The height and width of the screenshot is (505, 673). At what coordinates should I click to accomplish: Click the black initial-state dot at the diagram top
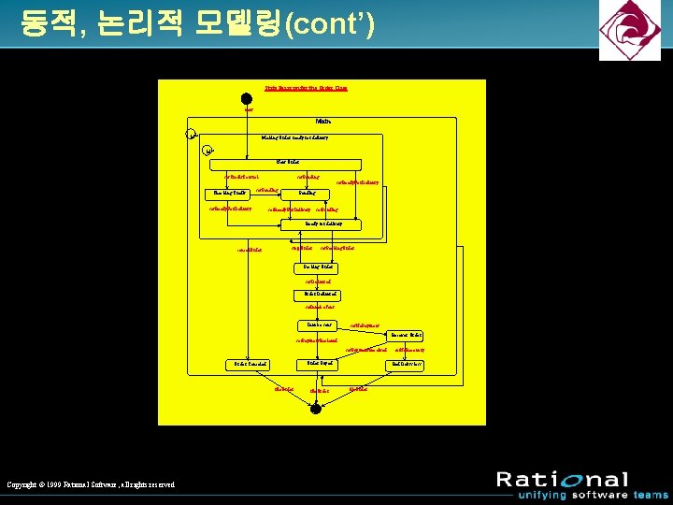click(247, 99)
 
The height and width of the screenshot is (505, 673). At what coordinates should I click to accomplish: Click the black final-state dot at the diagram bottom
click(316, 409)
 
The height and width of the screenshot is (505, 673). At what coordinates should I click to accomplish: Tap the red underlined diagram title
click(306, 88)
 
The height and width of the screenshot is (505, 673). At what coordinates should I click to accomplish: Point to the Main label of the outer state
click(322, 121)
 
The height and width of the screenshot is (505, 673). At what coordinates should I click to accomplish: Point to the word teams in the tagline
click(650, 495)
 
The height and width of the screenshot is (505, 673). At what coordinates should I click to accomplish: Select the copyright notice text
click(90, 483)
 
